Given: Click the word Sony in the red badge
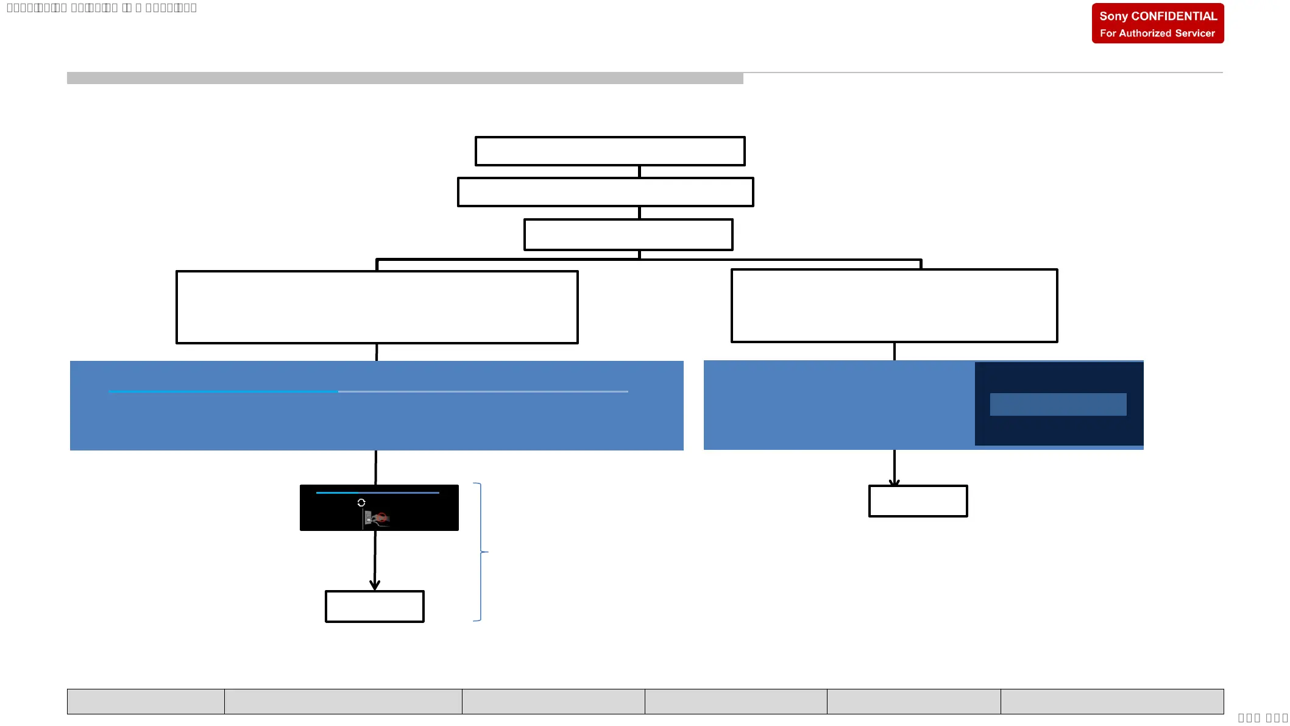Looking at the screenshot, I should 1113,16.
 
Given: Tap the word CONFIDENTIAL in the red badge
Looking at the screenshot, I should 1174,16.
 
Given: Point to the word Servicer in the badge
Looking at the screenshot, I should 1195,34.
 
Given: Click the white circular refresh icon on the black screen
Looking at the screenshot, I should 361,502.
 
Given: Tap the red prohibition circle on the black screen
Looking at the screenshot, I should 381,518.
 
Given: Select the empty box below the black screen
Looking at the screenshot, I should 374,607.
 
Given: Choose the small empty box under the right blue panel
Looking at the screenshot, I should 918,501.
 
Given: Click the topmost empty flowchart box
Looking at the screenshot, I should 609,151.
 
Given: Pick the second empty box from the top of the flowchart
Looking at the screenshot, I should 605,192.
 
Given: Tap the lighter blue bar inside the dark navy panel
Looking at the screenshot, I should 1058,404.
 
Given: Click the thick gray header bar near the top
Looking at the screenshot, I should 405,78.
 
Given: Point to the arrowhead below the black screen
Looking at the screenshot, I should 375,585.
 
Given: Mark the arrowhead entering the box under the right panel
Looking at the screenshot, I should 895,483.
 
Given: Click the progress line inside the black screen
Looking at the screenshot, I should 378,493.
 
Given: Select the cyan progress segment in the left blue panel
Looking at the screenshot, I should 223,391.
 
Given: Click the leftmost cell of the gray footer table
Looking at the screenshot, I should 146,702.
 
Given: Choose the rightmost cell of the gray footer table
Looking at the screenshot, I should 1111,702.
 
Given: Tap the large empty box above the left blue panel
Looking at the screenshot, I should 377,307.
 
